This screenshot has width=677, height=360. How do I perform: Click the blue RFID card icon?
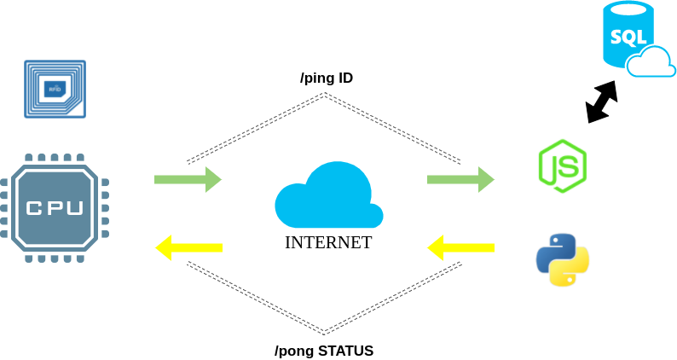55,88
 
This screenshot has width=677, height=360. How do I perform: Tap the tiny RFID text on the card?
55,88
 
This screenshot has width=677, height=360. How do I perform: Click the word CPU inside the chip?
55,207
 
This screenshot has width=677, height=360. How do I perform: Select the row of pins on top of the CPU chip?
55,159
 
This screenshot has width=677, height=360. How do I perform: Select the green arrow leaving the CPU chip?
188,179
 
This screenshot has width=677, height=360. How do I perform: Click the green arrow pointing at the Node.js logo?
460,179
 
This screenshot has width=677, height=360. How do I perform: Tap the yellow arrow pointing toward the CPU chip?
188,247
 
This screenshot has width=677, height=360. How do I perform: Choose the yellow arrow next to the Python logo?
460,248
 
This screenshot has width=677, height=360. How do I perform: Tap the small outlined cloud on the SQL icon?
651,63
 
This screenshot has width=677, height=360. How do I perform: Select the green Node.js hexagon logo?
562,165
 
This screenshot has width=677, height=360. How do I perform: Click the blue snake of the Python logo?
554,249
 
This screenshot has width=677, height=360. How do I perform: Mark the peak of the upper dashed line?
324,94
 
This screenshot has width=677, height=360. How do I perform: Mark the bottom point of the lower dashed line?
324,333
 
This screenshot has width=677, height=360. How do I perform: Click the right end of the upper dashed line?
460,161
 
